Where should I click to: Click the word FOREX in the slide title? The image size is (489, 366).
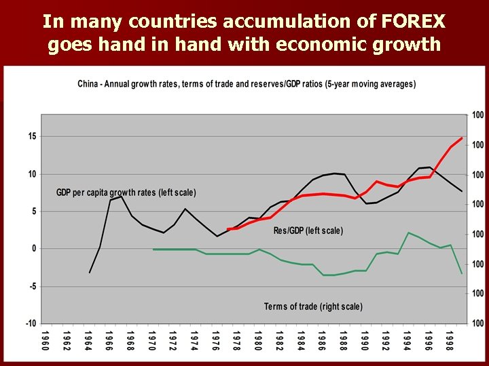point(414,22)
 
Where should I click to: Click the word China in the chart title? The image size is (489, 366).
point(88,84)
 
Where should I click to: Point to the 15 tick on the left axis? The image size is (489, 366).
point(32,136)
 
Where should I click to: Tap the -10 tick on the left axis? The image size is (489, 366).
point(31,323)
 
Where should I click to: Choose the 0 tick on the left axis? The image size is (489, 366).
point(34,249)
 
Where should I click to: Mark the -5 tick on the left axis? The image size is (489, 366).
point(32,286)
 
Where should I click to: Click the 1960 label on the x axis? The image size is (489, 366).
point(45,341)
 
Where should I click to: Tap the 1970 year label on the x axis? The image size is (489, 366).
point(152,341)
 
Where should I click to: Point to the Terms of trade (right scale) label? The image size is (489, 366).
point(313,306)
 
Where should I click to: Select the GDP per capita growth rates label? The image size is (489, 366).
point(126,192)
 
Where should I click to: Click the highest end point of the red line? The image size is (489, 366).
point(462,138)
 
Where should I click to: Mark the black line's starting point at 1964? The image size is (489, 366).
point(90,272)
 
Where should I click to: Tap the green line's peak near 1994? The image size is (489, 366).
point(409,232)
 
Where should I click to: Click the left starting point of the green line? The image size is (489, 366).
point(153,249)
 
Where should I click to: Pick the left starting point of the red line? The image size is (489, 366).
point(228,229)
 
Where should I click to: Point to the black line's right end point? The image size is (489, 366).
point(462,191)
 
